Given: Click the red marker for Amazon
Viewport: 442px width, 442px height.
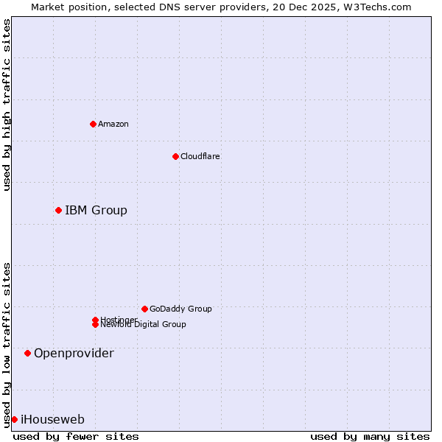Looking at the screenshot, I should click(x=93, y=124).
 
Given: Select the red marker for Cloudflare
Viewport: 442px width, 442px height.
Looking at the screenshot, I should click(x=175, y=156).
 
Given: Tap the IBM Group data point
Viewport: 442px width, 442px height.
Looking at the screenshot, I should click(x=58, y=211).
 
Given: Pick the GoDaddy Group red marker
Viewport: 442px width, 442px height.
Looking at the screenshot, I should click(x=144, y=309).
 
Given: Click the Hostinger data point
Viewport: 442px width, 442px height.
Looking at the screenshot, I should click(x=95, y=320).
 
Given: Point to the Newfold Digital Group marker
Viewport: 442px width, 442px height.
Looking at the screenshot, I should click(x=95, y=325).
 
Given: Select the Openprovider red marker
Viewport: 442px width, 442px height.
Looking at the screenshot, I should click(x=27, y=354).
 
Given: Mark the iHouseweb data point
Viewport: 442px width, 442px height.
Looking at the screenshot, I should click(x=14, y=420).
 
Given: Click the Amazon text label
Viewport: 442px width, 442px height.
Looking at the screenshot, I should click(x=113, y=124).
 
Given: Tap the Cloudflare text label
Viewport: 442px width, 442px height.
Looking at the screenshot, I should click(x=200, y=156).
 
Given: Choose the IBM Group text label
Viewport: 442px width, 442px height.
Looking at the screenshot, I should click(x=96, y=211).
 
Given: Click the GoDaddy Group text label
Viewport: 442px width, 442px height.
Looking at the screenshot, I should click(x=180, y=309).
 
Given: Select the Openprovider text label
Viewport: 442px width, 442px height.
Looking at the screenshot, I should click(x=74, y=354).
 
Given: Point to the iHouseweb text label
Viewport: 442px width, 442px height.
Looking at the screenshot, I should click(x=52, y=420).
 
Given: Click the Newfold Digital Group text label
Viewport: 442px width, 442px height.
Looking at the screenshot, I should click(x=143, y=325).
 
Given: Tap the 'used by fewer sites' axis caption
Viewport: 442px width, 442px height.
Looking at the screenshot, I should click(x=76, y=436).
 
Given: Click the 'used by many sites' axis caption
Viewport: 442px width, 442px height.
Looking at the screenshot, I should click(x=369, y=436).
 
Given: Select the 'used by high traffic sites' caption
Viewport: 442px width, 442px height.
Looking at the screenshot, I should click(x=7, y=105).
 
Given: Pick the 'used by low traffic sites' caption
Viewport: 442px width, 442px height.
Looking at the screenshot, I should click(x=7, y=344).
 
